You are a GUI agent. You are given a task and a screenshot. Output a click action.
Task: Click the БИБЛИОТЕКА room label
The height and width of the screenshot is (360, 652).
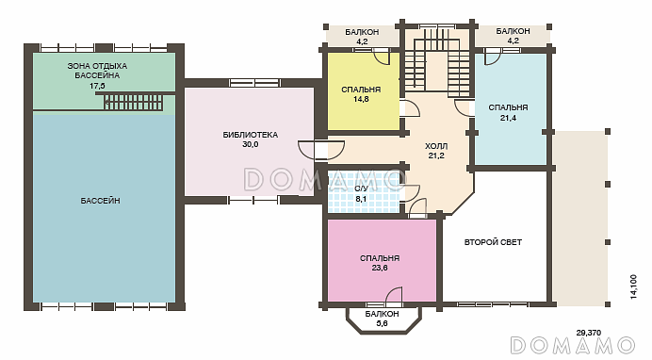point(251,135)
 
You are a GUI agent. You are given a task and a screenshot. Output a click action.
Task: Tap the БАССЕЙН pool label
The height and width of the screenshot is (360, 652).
point(100,201)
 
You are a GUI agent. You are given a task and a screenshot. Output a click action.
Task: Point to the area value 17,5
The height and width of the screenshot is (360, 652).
point(97,86)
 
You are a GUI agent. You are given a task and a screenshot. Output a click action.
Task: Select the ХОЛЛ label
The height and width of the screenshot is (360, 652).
point(436,146)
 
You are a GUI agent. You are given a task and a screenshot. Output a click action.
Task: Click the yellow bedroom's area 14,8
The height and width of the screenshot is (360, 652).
point(361,99)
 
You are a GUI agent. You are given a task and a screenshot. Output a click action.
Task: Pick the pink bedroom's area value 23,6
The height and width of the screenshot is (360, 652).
point(380,269)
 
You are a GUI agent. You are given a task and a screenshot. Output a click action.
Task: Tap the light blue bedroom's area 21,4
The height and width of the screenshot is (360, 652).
point(508,118)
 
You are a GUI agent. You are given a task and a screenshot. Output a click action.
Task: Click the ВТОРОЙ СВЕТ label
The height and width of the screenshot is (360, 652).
point(493,242)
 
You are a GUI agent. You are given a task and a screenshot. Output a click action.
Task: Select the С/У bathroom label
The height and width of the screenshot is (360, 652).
point(361,189)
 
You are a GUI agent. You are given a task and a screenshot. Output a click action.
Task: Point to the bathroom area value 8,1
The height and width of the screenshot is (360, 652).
point(361,199)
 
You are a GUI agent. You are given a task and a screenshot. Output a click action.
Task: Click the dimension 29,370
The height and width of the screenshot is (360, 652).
point(588,333)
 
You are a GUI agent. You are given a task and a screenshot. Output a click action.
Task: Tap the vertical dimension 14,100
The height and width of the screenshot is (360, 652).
point(633,286)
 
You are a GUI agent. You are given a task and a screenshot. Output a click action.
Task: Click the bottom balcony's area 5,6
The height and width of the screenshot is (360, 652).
point(382,323)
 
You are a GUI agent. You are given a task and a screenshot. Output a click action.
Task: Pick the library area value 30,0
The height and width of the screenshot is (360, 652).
point(251,145)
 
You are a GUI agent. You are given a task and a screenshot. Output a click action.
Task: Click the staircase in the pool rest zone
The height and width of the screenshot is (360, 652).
point(133,102)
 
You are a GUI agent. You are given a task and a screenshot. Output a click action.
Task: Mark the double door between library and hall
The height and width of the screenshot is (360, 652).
point(321,151)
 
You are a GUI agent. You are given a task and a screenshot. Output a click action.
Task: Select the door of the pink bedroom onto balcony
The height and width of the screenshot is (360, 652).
point(394,296)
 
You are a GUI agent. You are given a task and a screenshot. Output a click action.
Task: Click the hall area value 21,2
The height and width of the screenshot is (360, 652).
point(436,156)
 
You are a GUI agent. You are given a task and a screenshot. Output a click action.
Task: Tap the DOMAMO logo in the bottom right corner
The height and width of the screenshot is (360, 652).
point(573,346)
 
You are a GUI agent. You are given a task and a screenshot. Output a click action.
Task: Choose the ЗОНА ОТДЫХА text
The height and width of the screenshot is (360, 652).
point(97,66)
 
